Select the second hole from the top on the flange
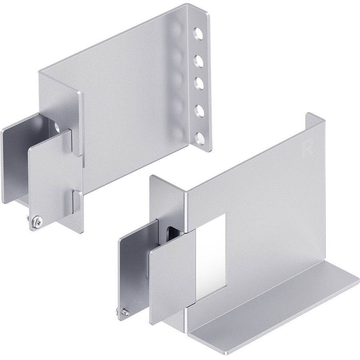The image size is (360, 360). click(198, 60)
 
